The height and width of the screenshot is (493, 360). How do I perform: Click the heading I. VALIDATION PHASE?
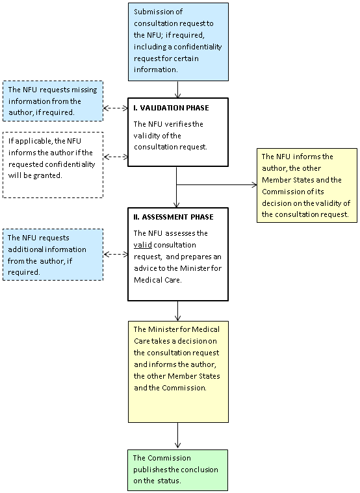pos(171,108)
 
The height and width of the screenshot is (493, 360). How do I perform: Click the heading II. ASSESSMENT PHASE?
pos(173,217)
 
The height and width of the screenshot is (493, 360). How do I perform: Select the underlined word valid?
pos(142,245)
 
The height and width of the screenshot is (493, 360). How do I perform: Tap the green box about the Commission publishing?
pos(178,470)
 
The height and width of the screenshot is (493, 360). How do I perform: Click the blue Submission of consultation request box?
pos(178,42)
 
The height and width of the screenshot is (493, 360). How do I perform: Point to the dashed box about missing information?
pos(53,101)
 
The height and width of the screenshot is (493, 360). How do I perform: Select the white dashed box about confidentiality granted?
pos(53,165)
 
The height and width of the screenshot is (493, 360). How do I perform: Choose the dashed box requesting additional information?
pos(53,255)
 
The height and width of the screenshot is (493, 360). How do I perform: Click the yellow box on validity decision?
pos(307,186)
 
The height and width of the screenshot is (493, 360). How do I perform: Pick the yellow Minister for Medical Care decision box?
pos(178,372)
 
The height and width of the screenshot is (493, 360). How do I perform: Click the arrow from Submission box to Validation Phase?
pos(178,90)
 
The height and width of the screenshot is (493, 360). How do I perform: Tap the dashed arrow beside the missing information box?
pos(116,108)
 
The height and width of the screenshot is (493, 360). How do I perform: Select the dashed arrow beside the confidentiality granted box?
pos(116,157)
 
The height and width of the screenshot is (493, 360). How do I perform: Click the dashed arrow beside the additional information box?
pos(116,254)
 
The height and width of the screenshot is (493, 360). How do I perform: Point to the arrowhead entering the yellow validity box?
pos(255,185)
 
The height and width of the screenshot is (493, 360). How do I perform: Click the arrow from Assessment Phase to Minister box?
pos(178,311)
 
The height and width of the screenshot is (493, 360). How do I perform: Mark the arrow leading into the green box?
pos(178,436)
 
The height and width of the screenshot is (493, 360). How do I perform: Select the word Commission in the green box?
pos(170,458)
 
